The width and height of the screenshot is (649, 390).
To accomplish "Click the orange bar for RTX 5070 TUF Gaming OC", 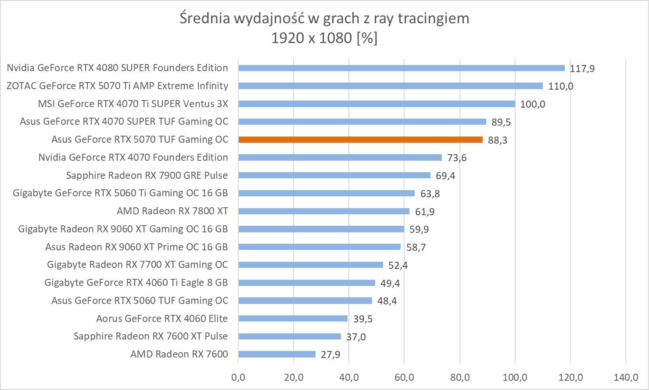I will click(360, 140).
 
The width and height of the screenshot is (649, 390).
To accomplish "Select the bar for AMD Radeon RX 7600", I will click(276, 354).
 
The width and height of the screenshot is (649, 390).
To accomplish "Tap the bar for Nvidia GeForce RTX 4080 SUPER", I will click(401, 68).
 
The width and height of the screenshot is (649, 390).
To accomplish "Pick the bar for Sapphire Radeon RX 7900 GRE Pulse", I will click(334, 175).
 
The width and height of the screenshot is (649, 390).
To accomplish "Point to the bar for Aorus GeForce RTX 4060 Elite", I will click(293, 318).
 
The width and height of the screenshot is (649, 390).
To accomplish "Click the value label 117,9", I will click(582, 69).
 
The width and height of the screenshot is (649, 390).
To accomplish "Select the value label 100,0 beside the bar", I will click(532, 105).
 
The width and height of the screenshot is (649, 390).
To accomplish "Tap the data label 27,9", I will click(330, 354).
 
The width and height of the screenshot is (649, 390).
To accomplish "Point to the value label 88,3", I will click(498, 140).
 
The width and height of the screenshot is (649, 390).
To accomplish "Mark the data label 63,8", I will click(430, 194).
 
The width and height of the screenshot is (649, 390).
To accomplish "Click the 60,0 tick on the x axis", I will click(404, 377).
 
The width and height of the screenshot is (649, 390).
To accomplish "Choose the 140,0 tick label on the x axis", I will click(626, 377).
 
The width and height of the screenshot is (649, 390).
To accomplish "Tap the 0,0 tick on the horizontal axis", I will click(238, 377).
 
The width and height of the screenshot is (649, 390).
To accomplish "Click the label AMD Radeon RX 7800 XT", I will click(172, 211).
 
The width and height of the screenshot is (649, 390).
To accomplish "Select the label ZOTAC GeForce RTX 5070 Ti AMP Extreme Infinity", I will click(117, 86).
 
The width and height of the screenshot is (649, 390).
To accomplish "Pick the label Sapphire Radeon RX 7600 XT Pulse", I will click(151, 336).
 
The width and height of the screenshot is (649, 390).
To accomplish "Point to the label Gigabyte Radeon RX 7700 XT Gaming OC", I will click(137, 265).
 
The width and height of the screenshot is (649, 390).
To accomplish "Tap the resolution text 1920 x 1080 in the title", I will click(312, 38).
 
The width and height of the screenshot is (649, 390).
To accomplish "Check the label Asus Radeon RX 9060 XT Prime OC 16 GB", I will click(136, 247).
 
